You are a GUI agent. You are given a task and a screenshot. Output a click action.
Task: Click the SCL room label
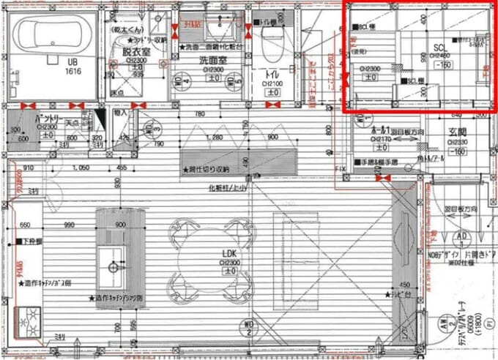coord(439,47)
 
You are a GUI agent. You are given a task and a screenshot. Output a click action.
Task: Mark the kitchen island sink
coord(113,260)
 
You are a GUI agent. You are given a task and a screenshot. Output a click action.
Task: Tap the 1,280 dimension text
coord(215,137)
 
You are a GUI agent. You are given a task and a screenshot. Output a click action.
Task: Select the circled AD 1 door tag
coord(463,237)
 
